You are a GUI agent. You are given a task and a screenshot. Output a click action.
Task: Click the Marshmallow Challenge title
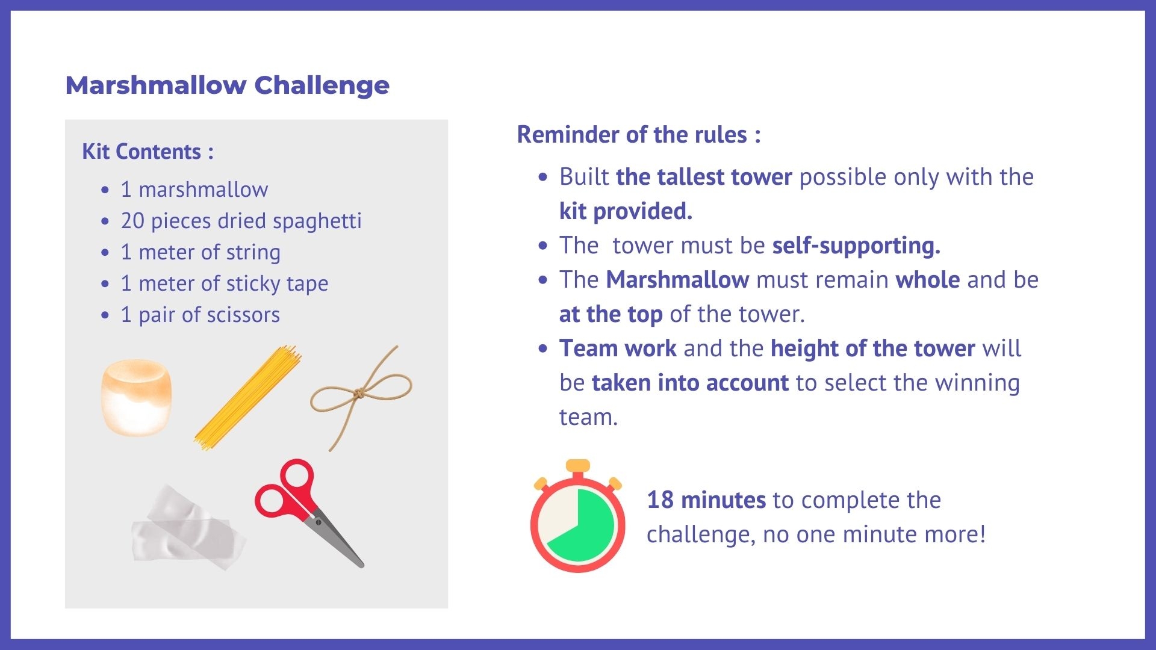click(x=227, y=85)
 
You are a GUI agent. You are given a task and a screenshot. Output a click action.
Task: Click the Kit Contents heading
click(x=148, y=152)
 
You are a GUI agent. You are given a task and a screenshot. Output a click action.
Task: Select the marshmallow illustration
click(x=137, y=397)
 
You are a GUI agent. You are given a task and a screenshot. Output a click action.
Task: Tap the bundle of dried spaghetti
click(x=248, y=397)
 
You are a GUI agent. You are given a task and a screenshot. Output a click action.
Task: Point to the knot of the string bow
click(x=359, y=394)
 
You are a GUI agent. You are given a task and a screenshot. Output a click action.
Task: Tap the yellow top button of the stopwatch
click(x=578, y=465)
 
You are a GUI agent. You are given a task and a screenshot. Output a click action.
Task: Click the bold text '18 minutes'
click(x=706, y=500)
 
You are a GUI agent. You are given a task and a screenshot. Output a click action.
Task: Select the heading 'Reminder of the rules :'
click(x=638, y=135)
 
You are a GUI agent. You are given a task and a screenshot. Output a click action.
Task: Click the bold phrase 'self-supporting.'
click(x=856, y=246)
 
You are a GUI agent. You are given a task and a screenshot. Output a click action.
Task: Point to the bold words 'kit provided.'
click(x=626, y=211)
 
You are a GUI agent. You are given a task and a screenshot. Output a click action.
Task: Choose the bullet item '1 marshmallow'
click(x=194, y=190)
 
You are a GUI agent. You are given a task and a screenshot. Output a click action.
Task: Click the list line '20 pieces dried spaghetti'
click(x=241, y=221)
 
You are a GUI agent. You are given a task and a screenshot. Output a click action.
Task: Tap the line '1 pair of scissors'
click(x=200, y=315)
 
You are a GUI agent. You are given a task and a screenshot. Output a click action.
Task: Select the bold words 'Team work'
click(x=618, y=348)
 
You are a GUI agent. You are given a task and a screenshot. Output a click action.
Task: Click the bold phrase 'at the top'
click(x=611, y=314)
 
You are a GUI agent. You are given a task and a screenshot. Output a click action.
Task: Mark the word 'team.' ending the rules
click(x=588, y=417)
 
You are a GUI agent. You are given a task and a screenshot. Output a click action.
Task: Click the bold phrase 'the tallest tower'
click(x=704, y=177)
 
